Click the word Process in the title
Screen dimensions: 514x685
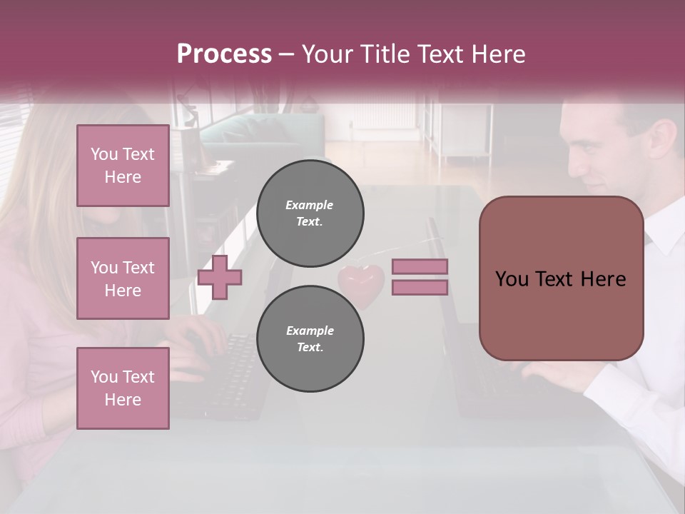coord(224,54)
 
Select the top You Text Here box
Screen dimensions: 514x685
coord(123,166)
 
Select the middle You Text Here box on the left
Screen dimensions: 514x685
coord(123,278)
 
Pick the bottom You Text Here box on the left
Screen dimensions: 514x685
coord(123,388)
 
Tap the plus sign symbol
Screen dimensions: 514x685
coord(220,277)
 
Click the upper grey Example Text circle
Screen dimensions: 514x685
coord(310,213)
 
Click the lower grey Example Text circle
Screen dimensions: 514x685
coord(310,339)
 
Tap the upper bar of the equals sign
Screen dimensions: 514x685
coord(420,266)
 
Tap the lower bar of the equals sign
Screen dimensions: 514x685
coord(420,288)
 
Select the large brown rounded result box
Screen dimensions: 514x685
coord(561,278)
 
